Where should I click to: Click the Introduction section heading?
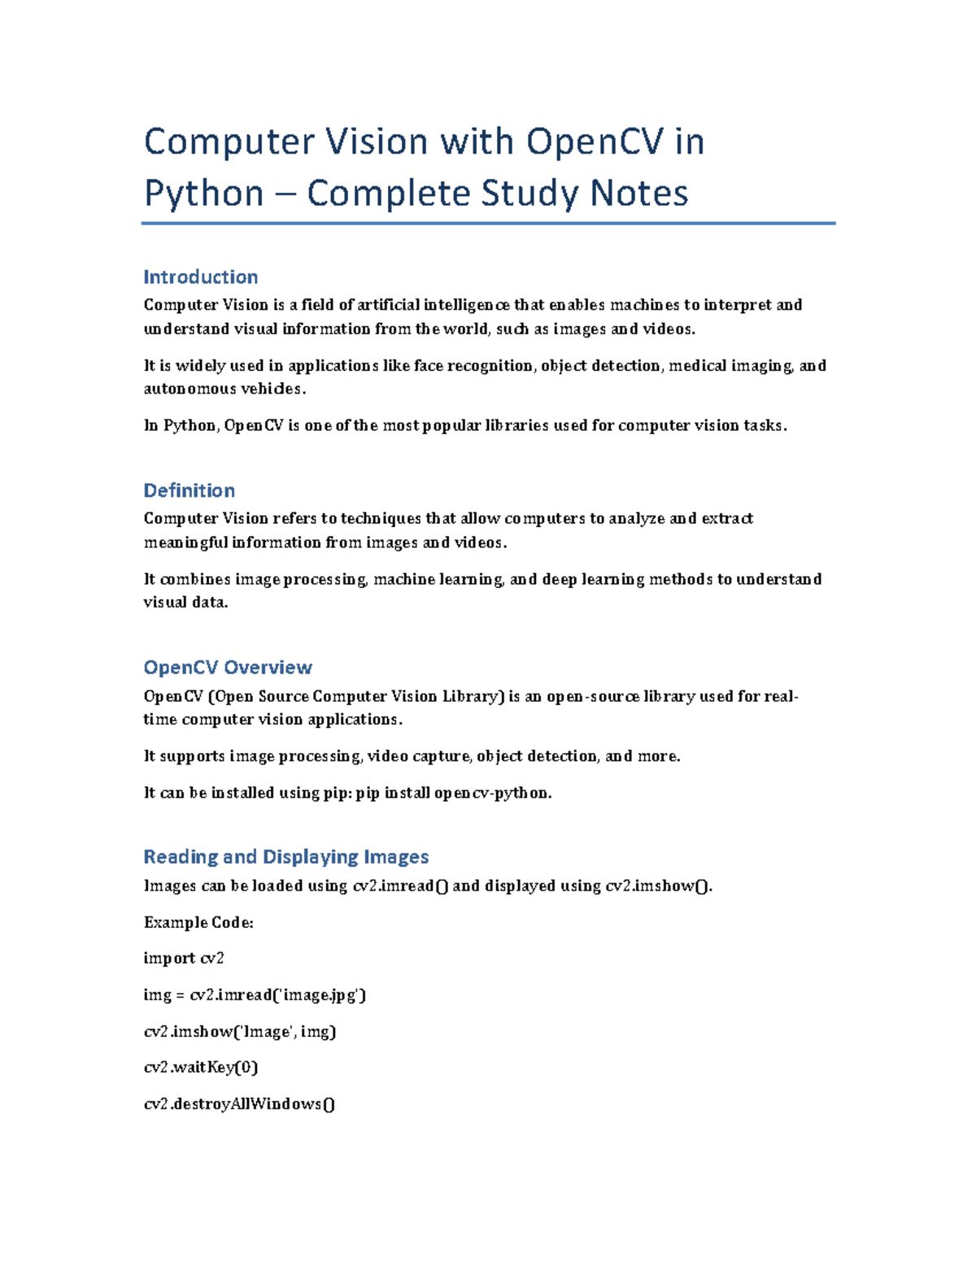coord(200,277)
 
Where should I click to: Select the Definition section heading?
coord(189,491)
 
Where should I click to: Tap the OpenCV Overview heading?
coord(228,668)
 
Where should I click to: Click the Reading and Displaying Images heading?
coord(285,857)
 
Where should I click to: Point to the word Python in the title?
coord(204,194)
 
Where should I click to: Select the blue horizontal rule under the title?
coord(488,223)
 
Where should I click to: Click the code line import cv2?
coord(184,959)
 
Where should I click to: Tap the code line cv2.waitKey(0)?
coord(201,1067)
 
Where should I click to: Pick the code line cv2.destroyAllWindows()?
coord(239,1104)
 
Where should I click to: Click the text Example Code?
coord(198,922)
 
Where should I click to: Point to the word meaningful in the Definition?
coord(185,542)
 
